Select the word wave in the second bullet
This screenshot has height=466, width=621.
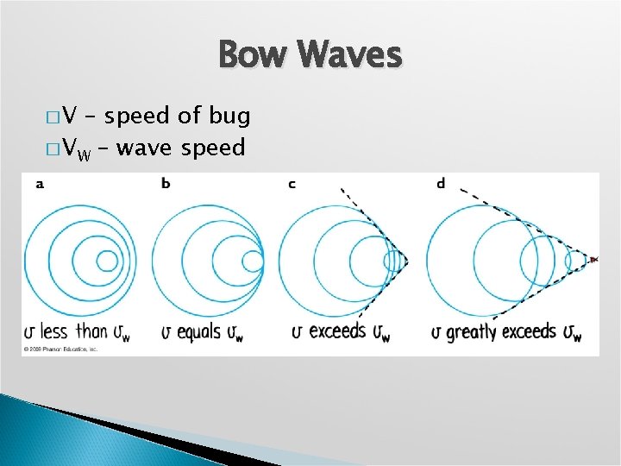tap(143, 148)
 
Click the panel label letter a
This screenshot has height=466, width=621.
tap(40, 184)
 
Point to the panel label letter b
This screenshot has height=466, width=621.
tap(166, 184)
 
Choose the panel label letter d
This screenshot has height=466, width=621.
tap(441, 184)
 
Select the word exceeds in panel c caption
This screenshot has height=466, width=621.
tap(337, 331)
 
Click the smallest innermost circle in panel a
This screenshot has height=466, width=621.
tap(107, 260)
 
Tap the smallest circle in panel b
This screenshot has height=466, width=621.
tap(253, 260)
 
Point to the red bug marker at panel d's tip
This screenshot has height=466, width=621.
tap(593, 259)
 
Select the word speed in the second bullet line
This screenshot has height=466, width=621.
tap(213, 148)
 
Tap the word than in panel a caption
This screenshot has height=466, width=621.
tap(92, 331)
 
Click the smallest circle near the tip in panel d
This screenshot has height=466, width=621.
tap(575, 259)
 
